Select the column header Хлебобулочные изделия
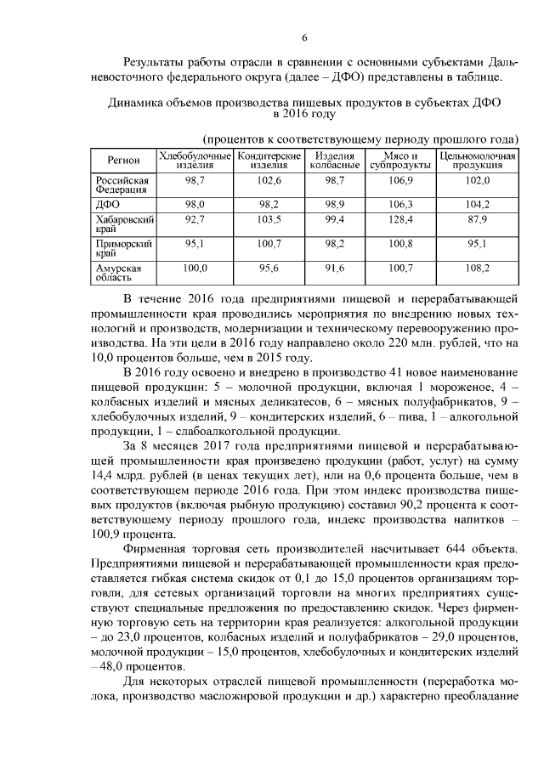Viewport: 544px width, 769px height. pyautogui.click(x=195, y=161)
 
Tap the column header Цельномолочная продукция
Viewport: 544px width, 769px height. pyautogui.click(x=477, y=161)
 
